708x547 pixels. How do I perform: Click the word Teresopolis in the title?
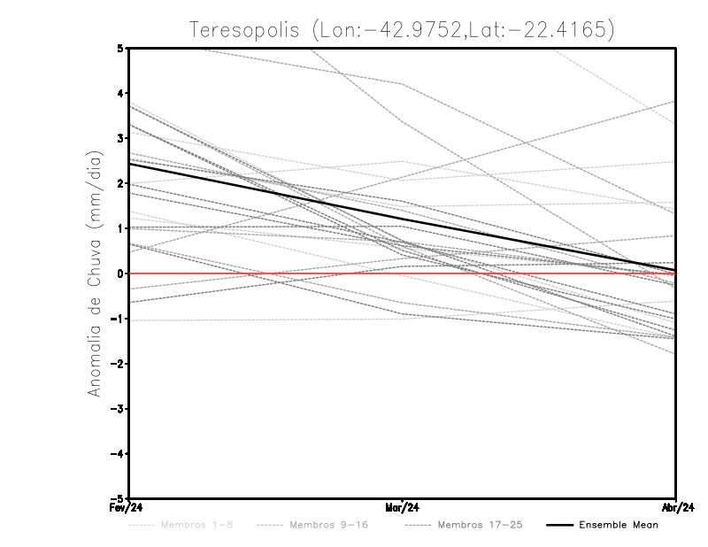(x=244, y=29)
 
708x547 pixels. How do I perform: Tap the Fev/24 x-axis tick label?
(x=127, y=508)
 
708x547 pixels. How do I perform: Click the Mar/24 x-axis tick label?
(x=403, y=508)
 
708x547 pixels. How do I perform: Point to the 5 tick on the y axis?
(x=120, y=49)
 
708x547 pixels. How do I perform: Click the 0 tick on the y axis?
(x=120, y=273)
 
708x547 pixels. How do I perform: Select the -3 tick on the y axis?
(x=118, y=409)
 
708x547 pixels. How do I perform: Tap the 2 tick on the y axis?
(x=120, y=183)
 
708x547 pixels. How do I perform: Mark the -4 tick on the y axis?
(x=118, y=454)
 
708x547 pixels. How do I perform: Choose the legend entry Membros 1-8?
(x=184, y=525)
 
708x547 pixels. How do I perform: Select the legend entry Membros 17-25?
(x=480, y=525)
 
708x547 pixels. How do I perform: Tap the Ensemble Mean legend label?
(x=619, y=525)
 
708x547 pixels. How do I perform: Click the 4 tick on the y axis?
(x=120, y=93)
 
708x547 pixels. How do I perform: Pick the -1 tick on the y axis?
(x=118, y=319)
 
